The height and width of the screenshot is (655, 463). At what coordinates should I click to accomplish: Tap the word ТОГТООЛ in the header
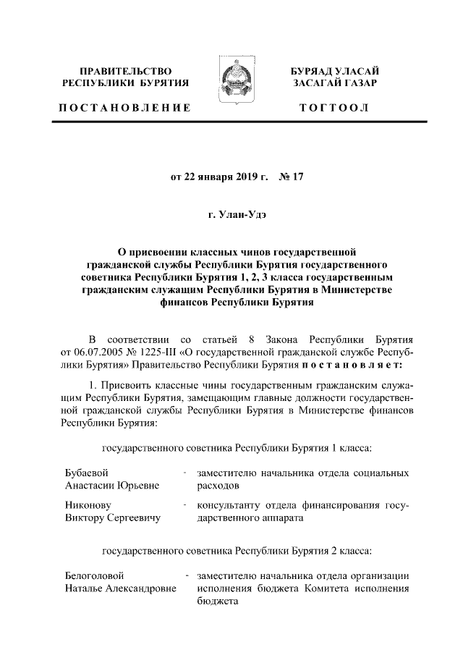339,108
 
